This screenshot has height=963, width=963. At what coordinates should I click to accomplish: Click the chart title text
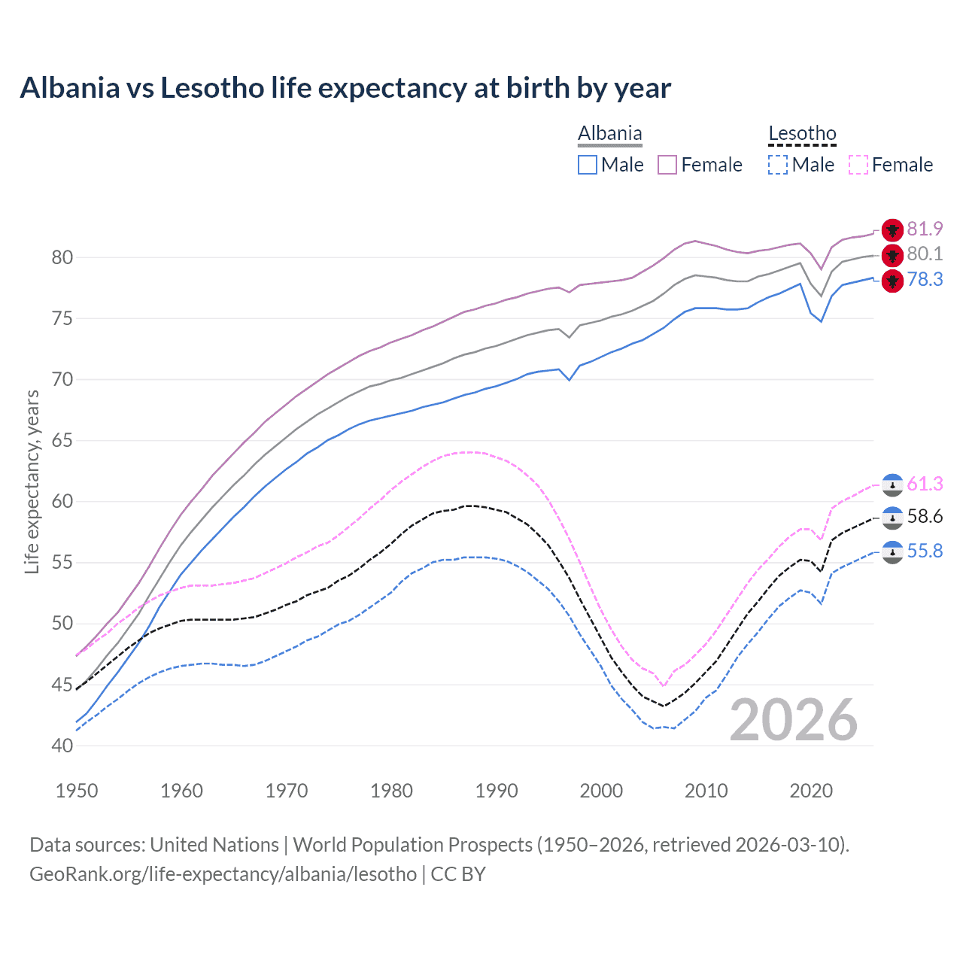tap(345, 88)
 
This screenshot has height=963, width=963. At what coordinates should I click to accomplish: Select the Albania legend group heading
tap(609, 134)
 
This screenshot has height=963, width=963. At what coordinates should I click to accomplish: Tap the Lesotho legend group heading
tap(802, 134)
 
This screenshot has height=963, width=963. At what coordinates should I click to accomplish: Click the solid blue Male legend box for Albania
tap(588, 165)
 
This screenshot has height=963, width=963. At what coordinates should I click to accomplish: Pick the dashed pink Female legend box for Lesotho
tap(858, 165)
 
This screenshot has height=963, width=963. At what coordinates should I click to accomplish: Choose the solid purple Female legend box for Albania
tap(667, 165)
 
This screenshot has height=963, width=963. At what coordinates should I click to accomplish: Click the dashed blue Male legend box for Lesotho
tap(778, 165)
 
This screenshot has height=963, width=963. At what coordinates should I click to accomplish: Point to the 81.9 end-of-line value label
tap(925, 229)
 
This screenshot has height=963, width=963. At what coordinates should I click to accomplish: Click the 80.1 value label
tap(925, 254)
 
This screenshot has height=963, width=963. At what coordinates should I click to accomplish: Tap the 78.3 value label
tap(925, 280)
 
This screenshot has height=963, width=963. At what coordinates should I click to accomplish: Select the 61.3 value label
tap(925, 484)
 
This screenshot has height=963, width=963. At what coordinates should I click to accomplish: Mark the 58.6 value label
tap(925, 517)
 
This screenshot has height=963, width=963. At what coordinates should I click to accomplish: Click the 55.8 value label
tap(925, 551)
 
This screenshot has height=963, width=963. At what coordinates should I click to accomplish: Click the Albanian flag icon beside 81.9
tap(892, 230)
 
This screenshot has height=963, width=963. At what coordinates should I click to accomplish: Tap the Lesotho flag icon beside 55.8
tap(892, 552)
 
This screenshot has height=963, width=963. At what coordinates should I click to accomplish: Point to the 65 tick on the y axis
tap(62, 440)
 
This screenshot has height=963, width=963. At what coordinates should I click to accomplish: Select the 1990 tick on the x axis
tap(497, 791)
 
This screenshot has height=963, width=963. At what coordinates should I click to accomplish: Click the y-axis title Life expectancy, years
tap(32, 481)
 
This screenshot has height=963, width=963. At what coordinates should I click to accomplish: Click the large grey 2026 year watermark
tap(794, 720)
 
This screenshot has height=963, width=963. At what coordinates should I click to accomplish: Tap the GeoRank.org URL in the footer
tap(223, 874)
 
